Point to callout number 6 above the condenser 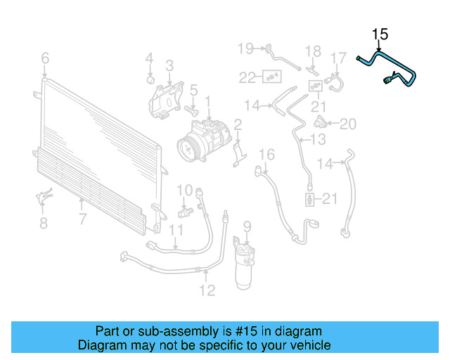(45, 58)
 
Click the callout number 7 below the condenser (82, 219)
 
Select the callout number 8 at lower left (43, 224)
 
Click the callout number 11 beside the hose (176, 230)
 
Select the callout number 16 (266, 155)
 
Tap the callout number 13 (319, 139)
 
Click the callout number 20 (348, 124)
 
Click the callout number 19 (245, 49)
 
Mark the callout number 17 (339, 58)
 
